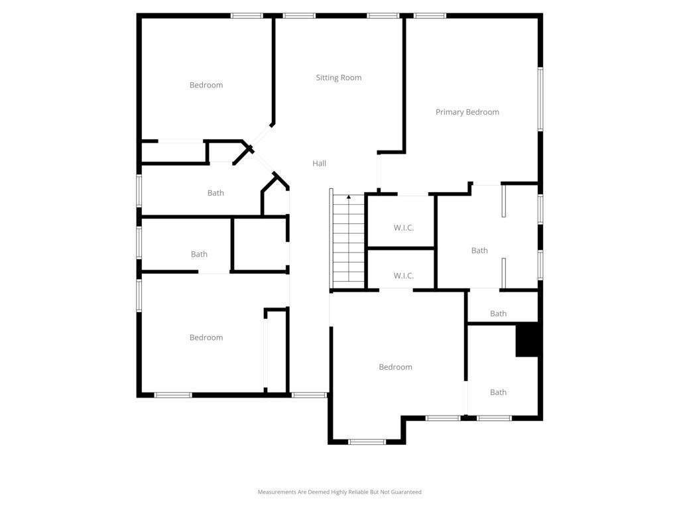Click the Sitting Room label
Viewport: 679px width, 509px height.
click(339, 78)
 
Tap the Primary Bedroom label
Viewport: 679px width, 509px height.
click(467, 112)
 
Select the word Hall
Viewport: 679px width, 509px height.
click(319, 163)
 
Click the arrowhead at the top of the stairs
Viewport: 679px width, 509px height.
click(349, 197)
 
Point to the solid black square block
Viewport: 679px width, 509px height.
click(526, 340)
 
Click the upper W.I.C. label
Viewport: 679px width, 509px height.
click(404, 228)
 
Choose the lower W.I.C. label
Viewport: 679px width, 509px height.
click(404, 276)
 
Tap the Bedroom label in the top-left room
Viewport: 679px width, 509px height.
click(206, 85)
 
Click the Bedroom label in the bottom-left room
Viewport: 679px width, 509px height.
click(206, 337)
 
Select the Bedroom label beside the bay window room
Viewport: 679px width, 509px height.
click(395, 367)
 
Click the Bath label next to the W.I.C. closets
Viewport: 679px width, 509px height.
click(479, 251)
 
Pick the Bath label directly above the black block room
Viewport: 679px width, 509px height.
click(498, 313)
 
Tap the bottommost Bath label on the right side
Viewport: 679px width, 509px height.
click(498, 392)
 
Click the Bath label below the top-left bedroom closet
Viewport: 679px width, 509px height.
click(216, 193)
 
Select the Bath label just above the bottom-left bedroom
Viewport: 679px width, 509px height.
click(199, 254)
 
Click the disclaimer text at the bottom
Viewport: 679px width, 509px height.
click(339, 492)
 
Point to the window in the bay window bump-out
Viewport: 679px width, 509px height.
click(367, 442)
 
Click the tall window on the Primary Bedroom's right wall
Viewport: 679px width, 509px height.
click(540, 99)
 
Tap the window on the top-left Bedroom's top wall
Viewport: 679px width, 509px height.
click(247, 16)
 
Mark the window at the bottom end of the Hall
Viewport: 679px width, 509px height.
click(309, 395)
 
